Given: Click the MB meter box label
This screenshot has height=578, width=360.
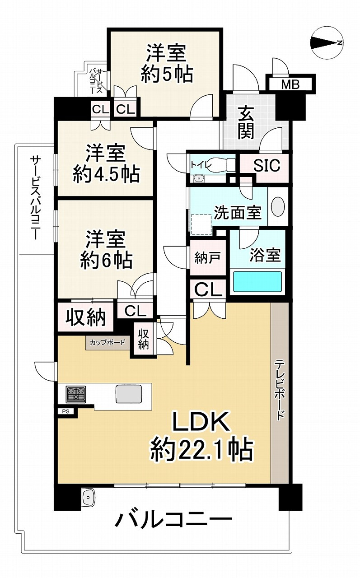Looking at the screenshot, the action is (290, 84).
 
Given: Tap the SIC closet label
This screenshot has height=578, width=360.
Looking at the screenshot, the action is (266, 165).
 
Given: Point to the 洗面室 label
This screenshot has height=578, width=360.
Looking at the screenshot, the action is (238, 213).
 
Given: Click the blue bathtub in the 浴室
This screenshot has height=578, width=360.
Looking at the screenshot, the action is (257, 282).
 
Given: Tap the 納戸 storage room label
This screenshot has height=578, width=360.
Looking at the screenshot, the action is (208, 258).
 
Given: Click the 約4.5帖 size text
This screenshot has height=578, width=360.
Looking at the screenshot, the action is (106, 174).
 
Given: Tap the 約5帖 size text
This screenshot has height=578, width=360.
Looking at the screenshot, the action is (167, 74).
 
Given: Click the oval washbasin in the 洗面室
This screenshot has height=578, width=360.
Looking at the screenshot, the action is (277, 206).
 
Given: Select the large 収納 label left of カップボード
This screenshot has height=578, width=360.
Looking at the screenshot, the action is (85, 317).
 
